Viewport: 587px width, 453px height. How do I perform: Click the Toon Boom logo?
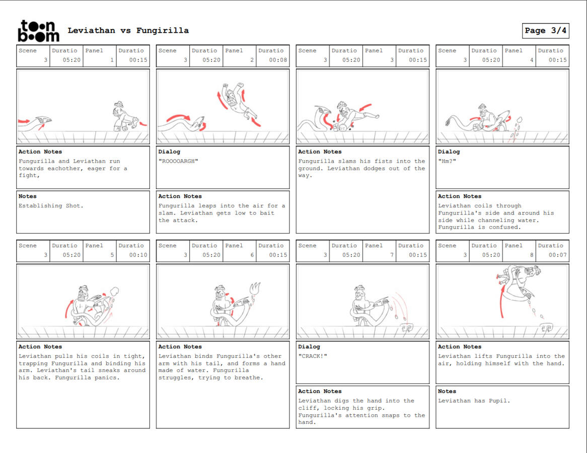tap(38, 31)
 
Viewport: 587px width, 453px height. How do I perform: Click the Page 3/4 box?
tap(545, 31)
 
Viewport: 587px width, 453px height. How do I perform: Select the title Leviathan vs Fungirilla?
tap(128, 31)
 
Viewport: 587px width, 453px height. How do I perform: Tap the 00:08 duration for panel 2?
tap(278, 60)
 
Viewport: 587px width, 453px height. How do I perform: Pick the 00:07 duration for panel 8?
tap(557, 255)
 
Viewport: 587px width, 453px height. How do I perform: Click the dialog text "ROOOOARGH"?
tap(178, 162)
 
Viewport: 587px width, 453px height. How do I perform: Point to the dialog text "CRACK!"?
tap(313, 356)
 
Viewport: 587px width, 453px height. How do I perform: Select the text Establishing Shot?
tap(51, 206)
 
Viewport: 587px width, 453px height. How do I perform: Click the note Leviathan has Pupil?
tap(474, 401)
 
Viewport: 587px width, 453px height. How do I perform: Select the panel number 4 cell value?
tap(532, 60)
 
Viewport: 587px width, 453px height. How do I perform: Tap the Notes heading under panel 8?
tap(447, 391)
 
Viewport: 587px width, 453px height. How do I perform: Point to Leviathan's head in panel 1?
tap(44, 121)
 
